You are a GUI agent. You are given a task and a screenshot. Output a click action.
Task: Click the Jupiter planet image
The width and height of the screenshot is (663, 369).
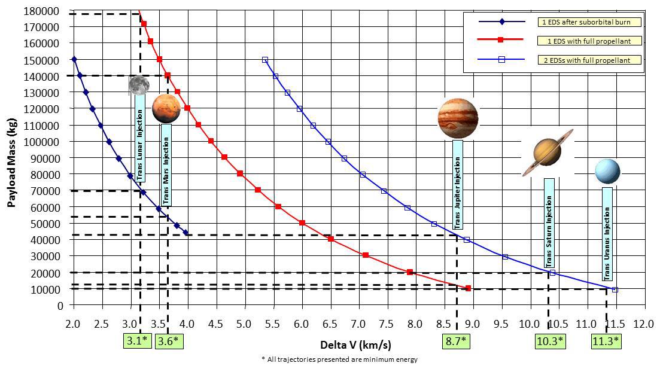pyautogui.click(x=458, y=118)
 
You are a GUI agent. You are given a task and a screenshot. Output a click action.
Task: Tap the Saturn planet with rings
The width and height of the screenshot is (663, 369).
pyautogui.click(x=547, y=152)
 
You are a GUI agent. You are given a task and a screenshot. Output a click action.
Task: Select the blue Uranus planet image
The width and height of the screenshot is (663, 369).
pyautogui.click(x=607, y=171)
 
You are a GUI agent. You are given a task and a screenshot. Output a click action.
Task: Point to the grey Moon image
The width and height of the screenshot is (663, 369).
pyautogui.click(x=139, y=85)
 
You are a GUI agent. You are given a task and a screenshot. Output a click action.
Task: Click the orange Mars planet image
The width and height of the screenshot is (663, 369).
pyautogui.click(x=166, y=108)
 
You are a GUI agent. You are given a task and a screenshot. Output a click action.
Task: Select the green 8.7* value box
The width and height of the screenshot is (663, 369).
pyautogui.click(x=455, y=341)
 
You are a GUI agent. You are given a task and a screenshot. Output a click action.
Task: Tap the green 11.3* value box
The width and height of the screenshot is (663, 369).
pyautogui.click(x=606, y=341)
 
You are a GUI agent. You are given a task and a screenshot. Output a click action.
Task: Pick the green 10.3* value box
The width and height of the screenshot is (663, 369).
pyautogui.click(x=549, y=341)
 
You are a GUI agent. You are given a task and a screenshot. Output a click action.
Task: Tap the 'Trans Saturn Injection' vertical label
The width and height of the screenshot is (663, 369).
pyautogui.click(x=549, y=223)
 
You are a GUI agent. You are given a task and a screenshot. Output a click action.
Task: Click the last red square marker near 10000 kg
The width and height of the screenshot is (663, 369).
pyautogui.click(x=468, y=288)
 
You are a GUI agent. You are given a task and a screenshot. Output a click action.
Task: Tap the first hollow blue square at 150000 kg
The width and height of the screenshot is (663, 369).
pyautogui.click(x=264, y=60)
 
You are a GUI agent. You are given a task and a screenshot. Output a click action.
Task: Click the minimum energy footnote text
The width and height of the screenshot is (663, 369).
pyautogui.click(x=339, y=359)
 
